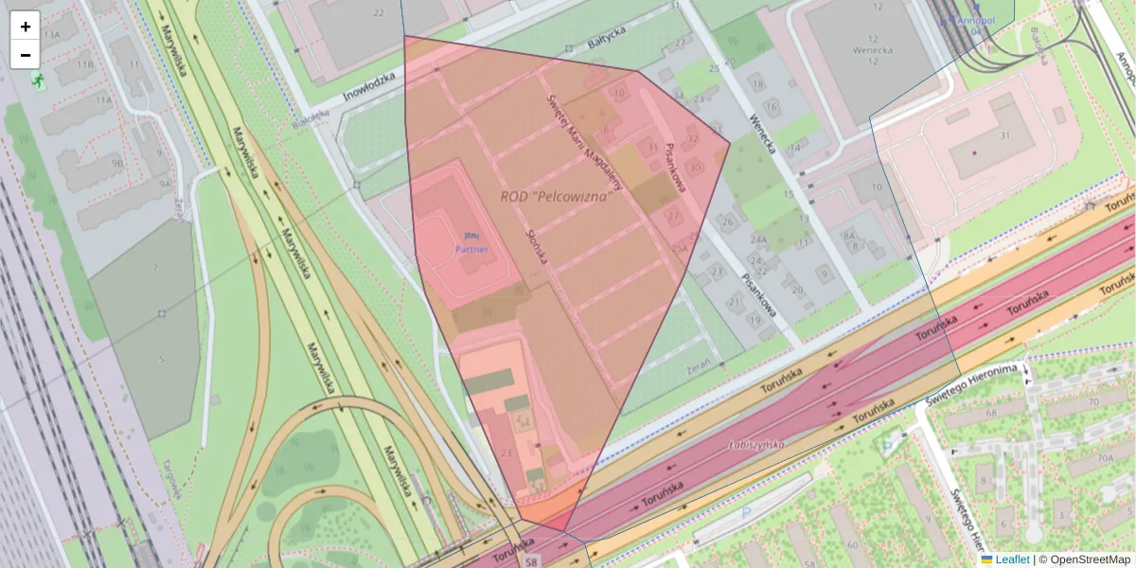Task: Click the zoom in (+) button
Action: pos(26,27)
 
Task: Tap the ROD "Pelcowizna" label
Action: pos(556,196)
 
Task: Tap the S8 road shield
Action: pos(532,560)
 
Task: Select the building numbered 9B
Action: pos(118,163)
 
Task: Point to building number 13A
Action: pos(50,33)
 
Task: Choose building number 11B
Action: pos(86,64)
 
